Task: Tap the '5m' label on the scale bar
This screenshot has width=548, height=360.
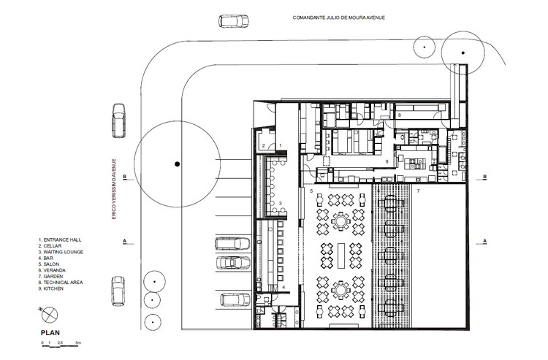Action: point(86,342)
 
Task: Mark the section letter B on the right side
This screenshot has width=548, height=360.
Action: point(485,177)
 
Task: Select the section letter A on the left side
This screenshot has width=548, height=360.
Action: point(125,240)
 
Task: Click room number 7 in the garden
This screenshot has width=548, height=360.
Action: point(418,191)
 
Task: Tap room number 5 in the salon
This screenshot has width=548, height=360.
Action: point(311,191)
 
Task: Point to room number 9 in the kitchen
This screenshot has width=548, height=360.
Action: point(387,161)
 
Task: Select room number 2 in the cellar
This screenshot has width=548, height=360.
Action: point(263,146)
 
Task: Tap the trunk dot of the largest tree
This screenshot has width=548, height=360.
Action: point(176,165)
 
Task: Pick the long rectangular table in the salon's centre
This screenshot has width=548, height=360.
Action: point(341,258)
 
